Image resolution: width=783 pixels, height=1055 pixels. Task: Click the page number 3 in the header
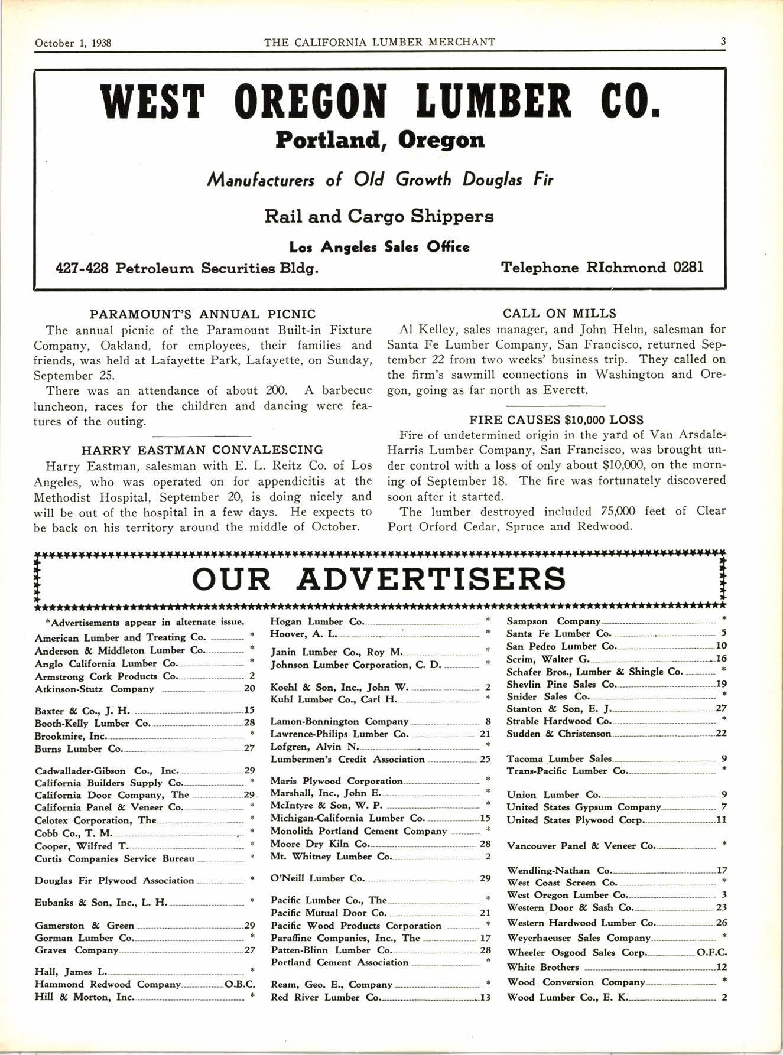[723, 42]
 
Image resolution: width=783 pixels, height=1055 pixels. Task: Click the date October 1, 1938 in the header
[73, 43]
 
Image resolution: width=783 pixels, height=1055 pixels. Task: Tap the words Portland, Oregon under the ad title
[380, 140]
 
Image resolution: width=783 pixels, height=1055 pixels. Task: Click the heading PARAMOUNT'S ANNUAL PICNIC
[203, 314]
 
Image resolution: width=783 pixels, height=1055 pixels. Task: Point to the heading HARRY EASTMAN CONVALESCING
[202, 450]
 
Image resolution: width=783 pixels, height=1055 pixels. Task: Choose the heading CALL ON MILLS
[559, 314]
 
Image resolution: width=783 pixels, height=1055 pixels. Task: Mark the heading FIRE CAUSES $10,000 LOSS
[556, 420]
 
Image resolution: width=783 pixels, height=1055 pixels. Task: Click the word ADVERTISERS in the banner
[431, 579]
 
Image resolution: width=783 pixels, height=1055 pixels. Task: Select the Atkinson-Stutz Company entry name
[95, 689]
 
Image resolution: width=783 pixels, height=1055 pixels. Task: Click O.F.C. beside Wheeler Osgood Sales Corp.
[712, 952]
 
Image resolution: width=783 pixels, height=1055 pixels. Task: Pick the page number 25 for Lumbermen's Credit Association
[485, 759]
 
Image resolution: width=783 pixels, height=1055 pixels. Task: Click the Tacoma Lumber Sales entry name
[559, 759]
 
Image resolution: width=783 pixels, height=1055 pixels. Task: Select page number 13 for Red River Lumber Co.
[485, 998]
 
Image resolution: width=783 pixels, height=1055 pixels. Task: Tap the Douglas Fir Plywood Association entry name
[114, 880]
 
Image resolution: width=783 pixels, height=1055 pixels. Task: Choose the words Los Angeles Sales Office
[379, 247]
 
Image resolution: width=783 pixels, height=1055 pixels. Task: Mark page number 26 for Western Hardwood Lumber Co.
[721, 923]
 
